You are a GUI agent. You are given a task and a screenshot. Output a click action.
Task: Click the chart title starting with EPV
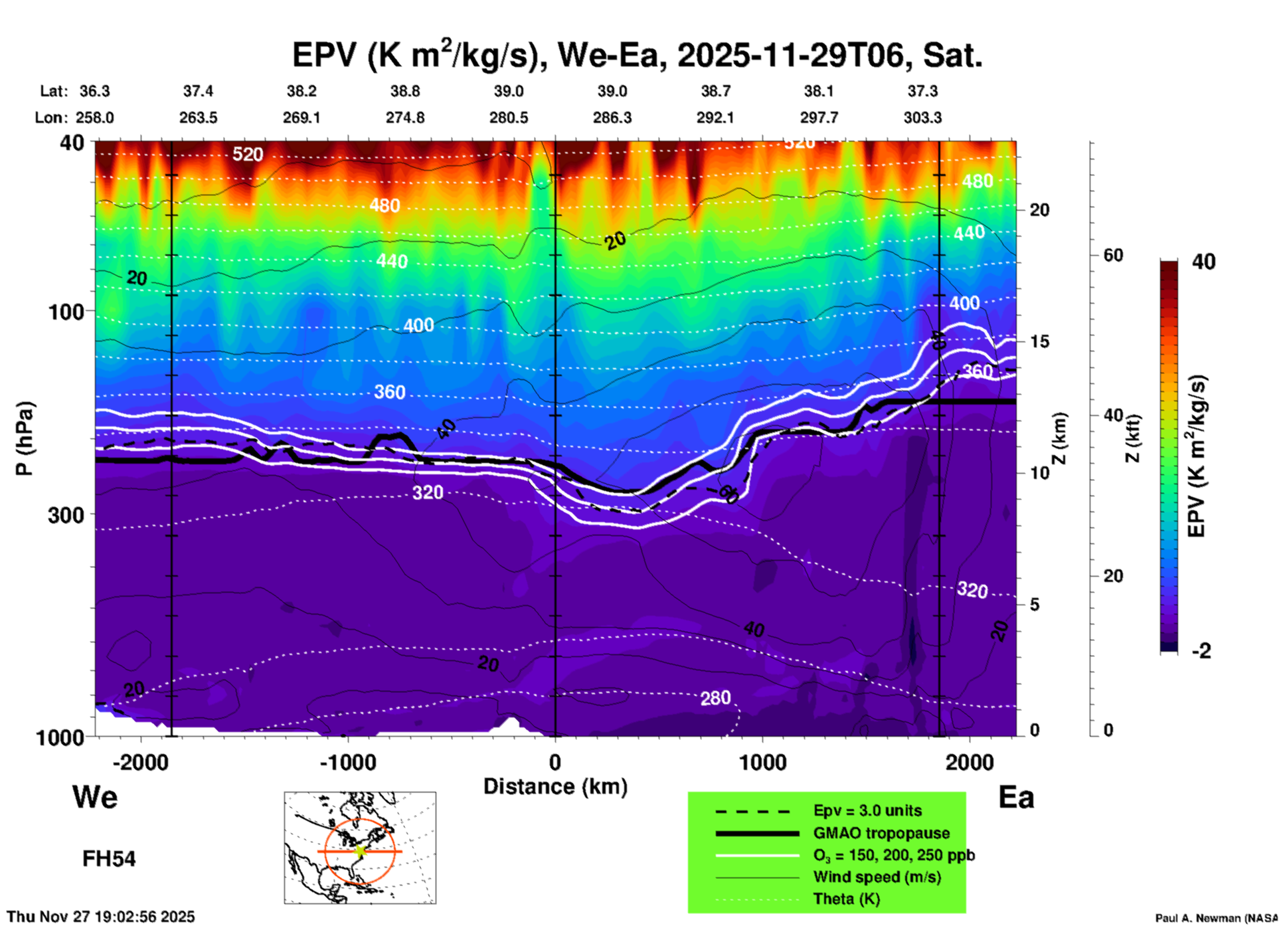coord(637,55)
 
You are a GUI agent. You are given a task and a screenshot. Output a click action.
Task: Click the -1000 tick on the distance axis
coord(348,762)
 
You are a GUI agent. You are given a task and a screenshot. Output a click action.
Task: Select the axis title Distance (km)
coord(555,787)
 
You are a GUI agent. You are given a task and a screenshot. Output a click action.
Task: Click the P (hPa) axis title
coord(25,438)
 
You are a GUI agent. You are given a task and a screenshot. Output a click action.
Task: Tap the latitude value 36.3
coord(95,91)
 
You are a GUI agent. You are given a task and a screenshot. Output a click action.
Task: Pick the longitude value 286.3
coord(612,118)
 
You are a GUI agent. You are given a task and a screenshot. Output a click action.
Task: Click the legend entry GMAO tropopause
coord(881,833)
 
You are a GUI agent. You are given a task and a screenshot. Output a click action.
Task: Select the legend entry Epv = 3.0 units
coord(867,810)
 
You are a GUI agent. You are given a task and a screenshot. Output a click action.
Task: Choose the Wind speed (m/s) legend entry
coord(877,877)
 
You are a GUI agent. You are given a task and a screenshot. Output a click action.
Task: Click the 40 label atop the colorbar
coord(1203,262)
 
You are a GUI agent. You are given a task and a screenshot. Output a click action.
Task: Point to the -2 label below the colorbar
coord(1201,650)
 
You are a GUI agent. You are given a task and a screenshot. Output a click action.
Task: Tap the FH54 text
coord(109,859)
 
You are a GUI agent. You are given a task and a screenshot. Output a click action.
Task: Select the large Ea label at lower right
coord(1016,797)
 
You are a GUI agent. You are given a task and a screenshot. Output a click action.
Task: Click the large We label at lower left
coord(95,796)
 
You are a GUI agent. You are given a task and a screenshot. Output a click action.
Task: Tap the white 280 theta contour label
coord(715,697)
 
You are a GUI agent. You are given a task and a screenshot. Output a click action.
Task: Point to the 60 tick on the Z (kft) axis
coord(1113,255)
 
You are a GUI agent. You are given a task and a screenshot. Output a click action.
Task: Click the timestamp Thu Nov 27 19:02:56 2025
coord(101,917)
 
